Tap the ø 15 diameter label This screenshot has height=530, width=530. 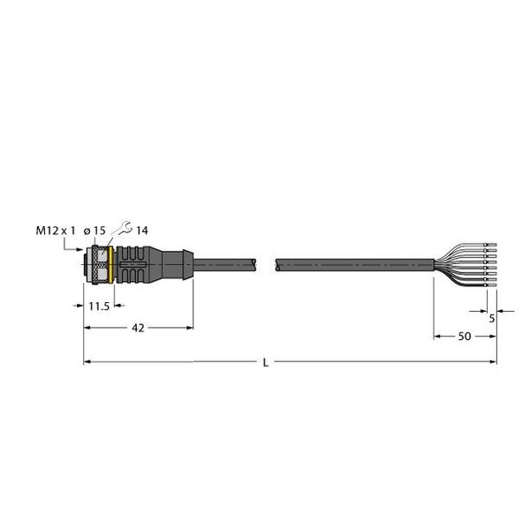[x=95, y=231]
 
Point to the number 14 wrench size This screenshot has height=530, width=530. [x=142, y=231]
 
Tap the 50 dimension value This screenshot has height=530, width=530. [x=464, y=337]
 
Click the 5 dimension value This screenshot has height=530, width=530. [x=492, y=319]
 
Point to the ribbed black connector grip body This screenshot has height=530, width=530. [x=137, y=262]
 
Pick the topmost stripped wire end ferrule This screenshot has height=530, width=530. [x=492, y=241]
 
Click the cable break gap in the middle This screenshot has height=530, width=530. [x=267, y=262]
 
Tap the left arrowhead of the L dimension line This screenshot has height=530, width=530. [x=87, y=361]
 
